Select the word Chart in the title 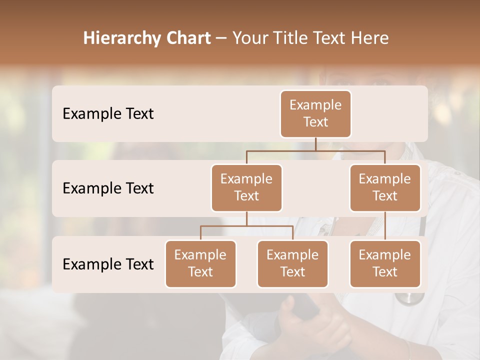[x=187, y=38]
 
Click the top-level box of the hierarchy [x=315, y=114]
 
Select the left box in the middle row [x=246, y=188]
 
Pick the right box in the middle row [x=385, y=188]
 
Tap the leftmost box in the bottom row [x=200, y=264]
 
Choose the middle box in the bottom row [x=292, y=264]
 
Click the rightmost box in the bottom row [x=385, y=264]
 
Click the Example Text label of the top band [x=108, y=114]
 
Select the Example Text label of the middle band [x=108, y=188]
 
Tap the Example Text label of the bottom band [x=108, y=264]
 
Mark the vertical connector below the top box [x=315, y=144]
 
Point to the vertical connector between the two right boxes [x=385, y=226]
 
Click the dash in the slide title [x=221, y=38]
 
